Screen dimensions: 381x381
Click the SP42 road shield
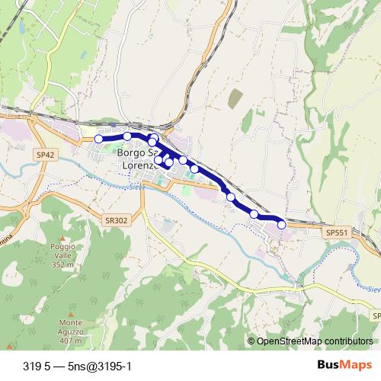45,154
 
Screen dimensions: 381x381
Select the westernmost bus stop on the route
98,139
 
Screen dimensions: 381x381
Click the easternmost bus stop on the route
281,223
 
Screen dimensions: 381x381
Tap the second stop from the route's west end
127,136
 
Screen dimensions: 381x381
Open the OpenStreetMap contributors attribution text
314,341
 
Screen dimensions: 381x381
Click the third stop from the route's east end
230,197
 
